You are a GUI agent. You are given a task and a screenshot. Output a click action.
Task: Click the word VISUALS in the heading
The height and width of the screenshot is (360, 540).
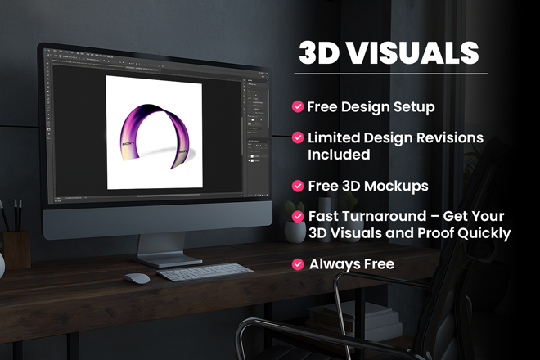tap(412, 53)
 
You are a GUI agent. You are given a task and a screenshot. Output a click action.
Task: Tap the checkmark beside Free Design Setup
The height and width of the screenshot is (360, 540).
tap(298, 107)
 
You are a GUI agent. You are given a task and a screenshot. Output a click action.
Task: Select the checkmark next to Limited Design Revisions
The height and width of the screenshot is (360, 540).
tap(298, 137)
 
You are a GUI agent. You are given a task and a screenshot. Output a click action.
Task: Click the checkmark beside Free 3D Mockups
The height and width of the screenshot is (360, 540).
tap(298, 186)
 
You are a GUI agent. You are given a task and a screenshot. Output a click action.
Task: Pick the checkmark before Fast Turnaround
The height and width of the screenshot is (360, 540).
tap(298, 216)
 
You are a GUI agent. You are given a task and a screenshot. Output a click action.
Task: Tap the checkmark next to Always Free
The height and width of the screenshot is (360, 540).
tap(298, 264)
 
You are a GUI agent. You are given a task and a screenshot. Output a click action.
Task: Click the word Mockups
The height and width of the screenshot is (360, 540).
tap(396, 187)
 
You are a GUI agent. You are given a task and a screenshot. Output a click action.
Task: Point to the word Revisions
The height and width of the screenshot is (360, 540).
tap(450, 137)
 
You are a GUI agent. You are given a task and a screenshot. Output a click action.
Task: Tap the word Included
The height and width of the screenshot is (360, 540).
tap(339, 155)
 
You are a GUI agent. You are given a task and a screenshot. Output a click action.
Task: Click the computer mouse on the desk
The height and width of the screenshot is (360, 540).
tap(137, 278)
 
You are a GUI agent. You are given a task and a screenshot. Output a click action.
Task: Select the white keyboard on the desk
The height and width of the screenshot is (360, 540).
tap(205, 272)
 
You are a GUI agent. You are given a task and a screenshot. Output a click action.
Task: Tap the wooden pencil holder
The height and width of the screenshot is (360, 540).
tap(16, 250)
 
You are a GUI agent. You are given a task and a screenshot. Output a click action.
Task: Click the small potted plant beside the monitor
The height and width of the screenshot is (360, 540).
tap(295, 223)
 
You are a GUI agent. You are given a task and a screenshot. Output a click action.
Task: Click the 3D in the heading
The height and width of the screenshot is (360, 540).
tap(319, 53)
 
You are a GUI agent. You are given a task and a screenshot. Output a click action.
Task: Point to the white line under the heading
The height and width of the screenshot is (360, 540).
tap(390, 74)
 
